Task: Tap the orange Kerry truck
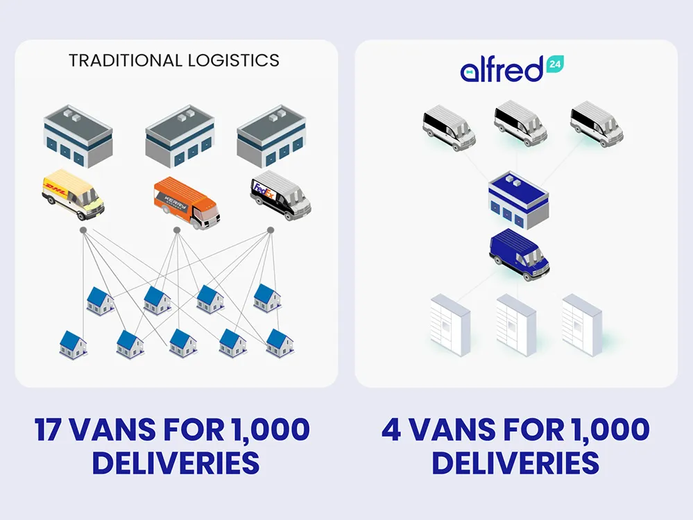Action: pos(183,202)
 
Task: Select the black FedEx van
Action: pos(280,196)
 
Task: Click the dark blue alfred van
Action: pos(519,256)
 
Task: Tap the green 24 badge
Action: pos(556,63)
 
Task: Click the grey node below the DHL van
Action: pos(83,229)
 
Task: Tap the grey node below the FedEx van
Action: pos(271,229)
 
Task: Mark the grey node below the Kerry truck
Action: pos(177,229)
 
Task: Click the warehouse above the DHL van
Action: pos(77,136)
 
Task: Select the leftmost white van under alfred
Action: pos(449,127)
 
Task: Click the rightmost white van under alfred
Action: pos(597,124)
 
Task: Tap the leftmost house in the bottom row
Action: pos(73,345)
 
